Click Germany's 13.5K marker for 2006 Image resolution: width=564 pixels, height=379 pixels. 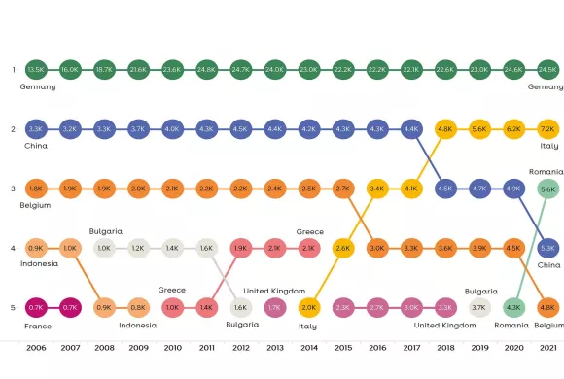[x=36, y=69]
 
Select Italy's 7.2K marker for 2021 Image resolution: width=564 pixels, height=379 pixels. [x=547, y=128]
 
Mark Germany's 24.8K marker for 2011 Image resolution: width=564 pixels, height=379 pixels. [x=206, y=69]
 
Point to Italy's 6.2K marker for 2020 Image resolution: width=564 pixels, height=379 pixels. [x=513, y=128]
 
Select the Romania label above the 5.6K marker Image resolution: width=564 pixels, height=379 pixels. [x=546, y=171]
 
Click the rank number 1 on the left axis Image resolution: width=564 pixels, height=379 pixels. [x=14, y=69]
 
